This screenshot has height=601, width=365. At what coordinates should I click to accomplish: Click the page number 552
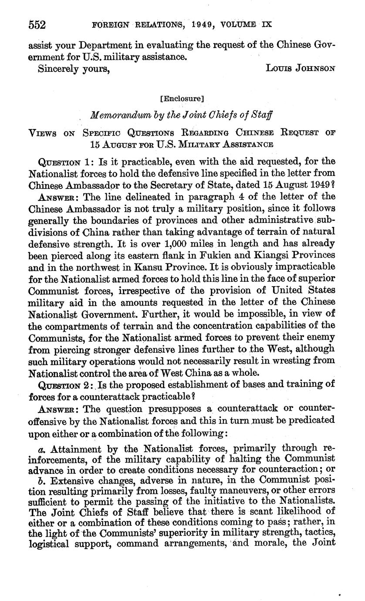click(x=37, y=25)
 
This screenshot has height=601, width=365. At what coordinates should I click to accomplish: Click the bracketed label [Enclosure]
click(x=182, y=99)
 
